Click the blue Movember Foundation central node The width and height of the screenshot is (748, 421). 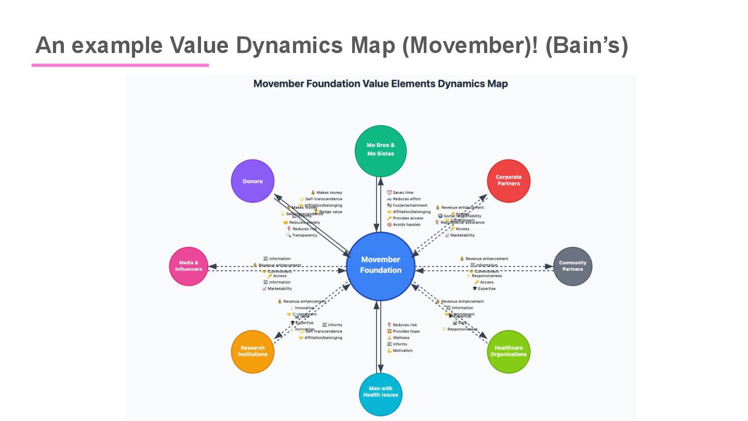coord(381,266)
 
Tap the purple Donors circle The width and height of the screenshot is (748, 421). coord(252,181)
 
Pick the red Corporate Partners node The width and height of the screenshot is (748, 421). coord(509,180)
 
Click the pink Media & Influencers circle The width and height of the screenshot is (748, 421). coord(189,266)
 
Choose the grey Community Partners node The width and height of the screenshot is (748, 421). coord(572,266)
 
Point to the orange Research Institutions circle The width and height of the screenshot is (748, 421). coord(252,351)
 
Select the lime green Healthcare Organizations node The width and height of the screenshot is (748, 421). coord(509,351)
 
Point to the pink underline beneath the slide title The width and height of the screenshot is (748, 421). coord(120,65)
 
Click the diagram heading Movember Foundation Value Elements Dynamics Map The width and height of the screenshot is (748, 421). coord(380,84)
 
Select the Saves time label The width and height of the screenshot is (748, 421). coord(403,193)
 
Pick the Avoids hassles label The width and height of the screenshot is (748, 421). coord(406,225)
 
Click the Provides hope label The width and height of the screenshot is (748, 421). coord(406,332)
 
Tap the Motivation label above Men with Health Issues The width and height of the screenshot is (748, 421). coord(403,351)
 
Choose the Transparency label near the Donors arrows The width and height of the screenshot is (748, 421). coord(304,235)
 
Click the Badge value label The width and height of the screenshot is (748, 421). coord(330,212)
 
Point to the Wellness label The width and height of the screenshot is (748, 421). coord(401,338)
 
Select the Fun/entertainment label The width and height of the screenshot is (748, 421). coord(411,205)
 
